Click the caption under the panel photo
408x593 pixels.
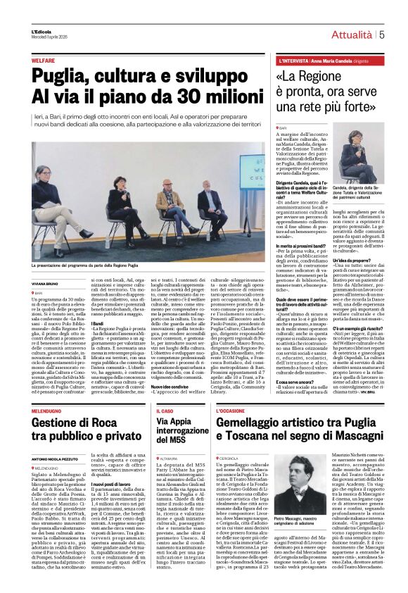[91, 264]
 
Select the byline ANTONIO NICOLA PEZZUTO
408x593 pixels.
[55, 442]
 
